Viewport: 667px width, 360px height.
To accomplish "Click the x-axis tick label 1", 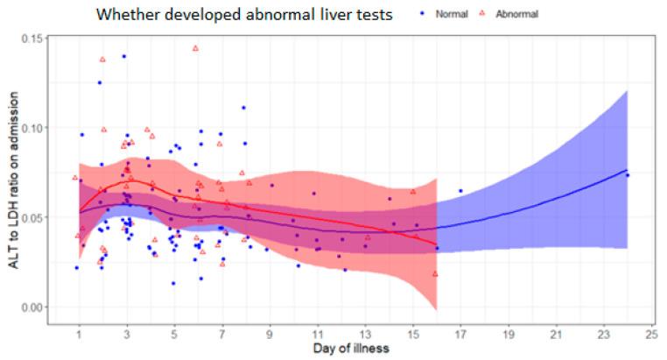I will pos(80,334).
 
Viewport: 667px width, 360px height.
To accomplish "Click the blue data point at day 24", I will pos(628,175).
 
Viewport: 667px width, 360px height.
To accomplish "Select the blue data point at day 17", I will pos(460,191).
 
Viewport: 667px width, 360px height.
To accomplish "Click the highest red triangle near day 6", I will pos(195,48).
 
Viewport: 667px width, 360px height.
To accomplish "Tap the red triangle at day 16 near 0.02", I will pos(435,274).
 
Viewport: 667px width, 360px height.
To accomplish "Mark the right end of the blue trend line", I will pos(628,170).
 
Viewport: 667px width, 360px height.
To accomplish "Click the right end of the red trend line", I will pos(436,244).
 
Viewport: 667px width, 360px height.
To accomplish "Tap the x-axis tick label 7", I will pos(222,334).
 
